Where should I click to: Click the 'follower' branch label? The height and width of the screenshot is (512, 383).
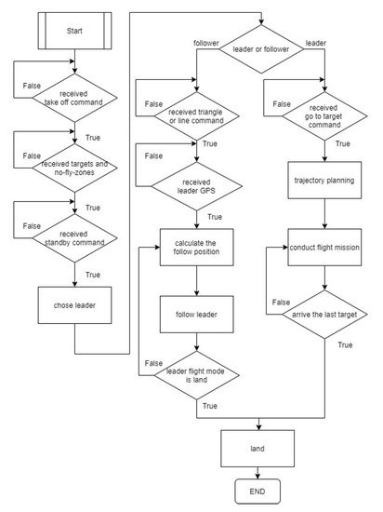[x=206, y=44]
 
